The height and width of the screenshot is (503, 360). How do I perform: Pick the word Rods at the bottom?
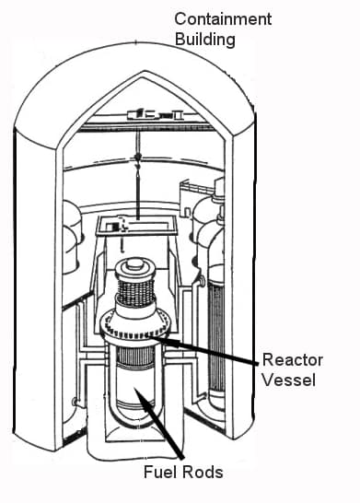pos(202,473)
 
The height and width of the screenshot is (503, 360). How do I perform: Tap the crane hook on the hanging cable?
pos(137,158)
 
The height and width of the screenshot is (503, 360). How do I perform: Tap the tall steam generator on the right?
pos(217,304)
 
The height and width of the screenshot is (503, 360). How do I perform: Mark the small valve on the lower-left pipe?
pos(73,401)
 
